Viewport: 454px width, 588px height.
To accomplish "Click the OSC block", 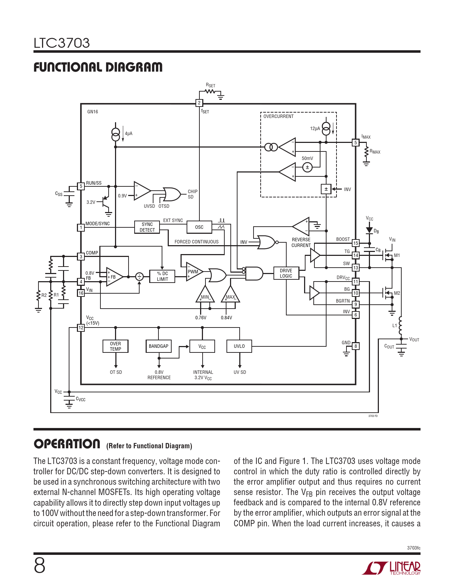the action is click(199, 227).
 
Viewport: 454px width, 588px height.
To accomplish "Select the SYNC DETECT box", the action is click(147, 227).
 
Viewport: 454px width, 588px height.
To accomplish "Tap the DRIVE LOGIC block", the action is click(286, 273).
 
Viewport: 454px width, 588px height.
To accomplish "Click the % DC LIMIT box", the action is click(162, 276).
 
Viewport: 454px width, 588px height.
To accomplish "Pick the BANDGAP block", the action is click(158, 346).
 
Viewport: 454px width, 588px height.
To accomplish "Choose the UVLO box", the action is click(239, 346).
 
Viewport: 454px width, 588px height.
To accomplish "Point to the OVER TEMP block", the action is click(115, 346).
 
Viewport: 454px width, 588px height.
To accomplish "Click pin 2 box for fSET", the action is click(199, 103).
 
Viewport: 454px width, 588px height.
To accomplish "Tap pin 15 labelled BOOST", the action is click(356, 243).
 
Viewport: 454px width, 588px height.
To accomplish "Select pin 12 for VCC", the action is click(81, 328).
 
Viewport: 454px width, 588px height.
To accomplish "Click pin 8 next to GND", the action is click(356, 346).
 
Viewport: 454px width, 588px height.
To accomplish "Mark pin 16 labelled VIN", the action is click(81, 293).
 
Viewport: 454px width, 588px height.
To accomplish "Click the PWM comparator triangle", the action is click(194, 272).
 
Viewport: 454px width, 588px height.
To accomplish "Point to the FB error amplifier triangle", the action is click(114, 277).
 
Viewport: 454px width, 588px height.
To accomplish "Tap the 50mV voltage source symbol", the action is click(307, 167).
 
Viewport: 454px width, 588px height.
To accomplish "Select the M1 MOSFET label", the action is click(397, 255).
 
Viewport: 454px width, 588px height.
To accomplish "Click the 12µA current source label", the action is click(315, 129).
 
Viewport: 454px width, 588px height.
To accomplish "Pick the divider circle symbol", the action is click(139, 277).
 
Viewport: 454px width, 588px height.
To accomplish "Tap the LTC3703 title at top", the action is click(62, 43).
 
